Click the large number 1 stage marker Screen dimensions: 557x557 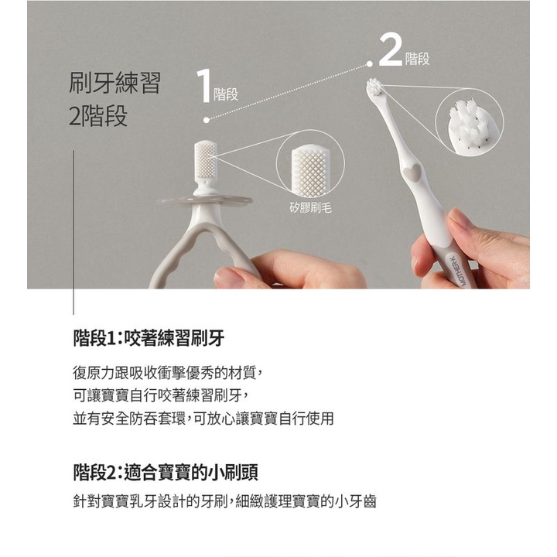pos(203,86)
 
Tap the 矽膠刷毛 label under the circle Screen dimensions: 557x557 pos(310,208)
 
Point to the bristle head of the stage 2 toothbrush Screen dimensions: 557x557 pos(374,87)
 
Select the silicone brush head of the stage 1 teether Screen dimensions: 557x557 pos(204,159)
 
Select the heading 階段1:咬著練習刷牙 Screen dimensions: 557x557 pos(149,338)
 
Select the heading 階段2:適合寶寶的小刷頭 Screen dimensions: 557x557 pos(166,473)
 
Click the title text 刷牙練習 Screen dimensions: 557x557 pos(114,83)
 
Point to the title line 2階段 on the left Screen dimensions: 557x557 pos(98,115)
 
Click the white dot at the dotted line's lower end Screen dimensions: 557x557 pos(207,120)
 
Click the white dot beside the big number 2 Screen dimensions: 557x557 pos(370,64)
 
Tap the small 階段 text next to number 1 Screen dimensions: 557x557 pos(226,94)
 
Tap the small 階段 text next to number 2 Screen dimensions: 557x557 pos(418,59)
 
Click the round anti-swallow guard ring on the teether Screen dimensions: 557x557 pos(205,202)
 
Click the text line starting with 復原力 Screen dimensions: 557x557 pos(168,373)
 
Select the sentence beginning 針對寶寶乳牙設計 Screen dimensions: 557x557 pos(224,501)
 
